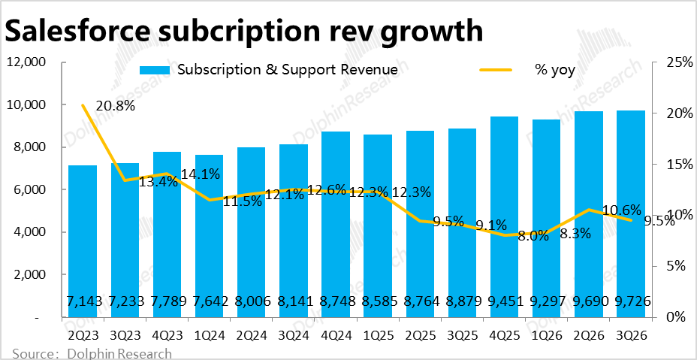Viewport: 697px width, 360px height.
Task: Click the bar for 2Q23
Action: (82, 241)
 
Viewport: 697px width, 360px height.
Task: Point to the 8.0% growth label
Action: (534, 236)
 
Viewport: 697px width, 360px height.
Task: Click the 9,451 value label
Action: (503, 301)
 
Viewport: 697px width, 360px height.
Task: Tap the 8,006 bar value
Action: (250, 301)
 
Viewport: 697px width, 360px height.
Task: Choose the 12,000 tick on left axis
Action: (27, 62)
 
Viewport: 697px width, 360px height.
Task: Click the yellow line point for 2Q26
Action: (587, 210)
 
